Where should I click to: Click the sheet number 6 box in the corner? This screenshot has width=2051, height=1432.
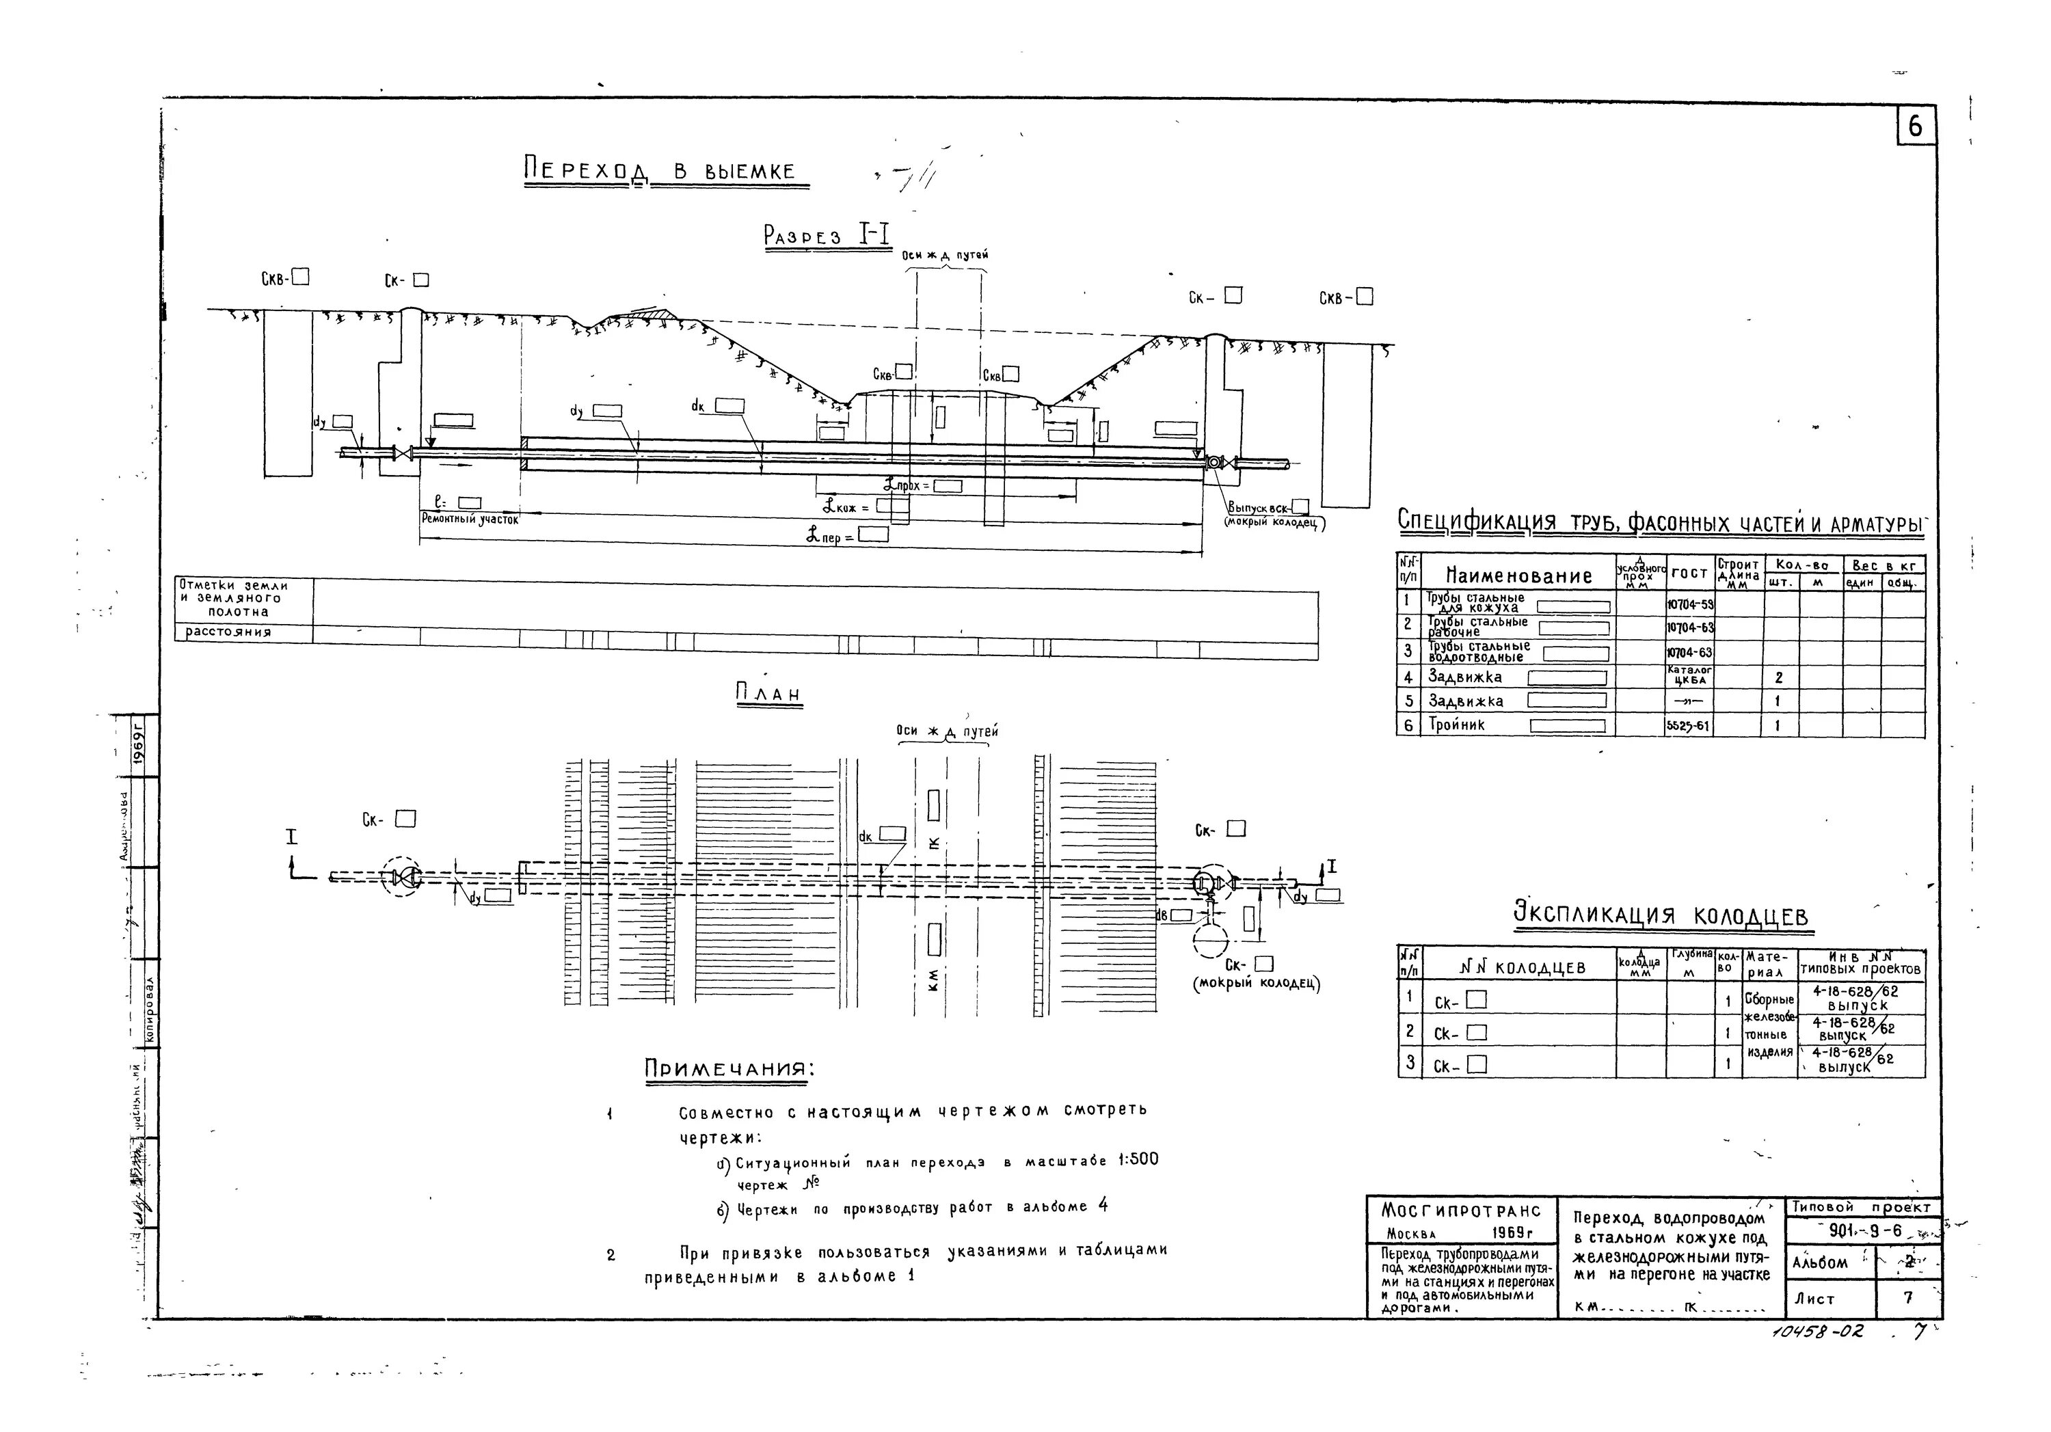[1915, 127]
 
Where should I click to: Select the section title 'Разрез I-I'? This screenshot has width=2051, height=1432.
[827, 235]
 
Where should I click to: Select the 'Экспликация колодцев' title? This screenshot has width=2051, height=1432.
[1661, 916]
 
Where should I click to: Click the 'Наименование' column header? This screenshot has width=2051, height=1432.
[1518, 576]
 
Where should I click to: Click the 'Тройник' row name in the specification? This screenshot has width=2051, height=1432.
[1457, 725]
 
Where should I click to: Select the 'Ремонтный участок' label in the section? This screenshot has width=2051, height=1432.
[469, 518]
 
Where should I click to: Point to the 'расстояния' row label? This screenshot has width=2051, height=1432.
[228, 632]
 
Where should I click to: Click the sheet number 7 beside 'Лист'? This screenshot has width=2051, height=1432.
[1908, 1298]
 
